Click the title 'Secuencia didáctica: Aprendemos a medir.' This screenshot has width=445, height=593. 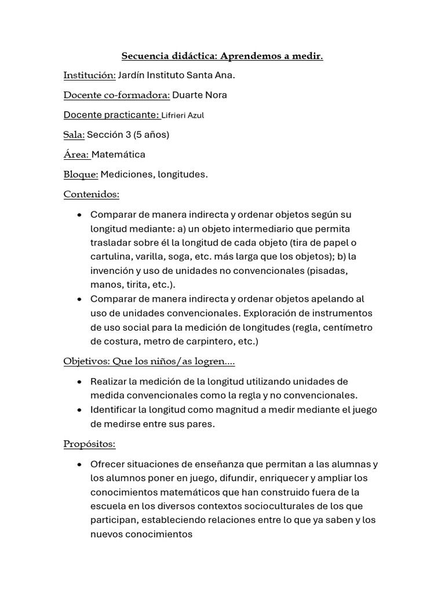point(222,56)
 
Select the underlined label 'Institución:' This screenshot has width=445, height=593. point(89,75)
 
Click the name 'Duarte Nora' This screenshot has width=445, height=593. point(200,95)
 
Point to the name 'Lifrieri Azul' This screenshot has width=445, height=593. point(183,115)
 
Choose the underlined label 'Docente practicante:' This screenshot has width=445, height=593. point(111,115)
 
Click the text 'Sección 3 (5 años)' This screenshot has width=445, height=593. point(128,135)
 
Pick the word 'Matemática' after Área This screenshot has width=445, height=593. point(118,155)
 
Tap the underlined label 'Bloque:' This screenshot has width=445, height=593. point(81,174)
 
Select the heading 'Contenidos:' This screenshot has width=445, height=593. point(91,195)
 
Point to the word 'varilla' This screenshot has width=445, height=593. point(152,257)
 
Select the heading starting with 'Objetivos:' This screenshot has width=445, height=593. point(149,361)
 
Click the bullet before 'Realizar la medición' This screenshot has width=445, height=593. point(79,382)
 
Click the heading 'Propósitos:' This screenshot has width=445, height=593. point(89,444)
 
